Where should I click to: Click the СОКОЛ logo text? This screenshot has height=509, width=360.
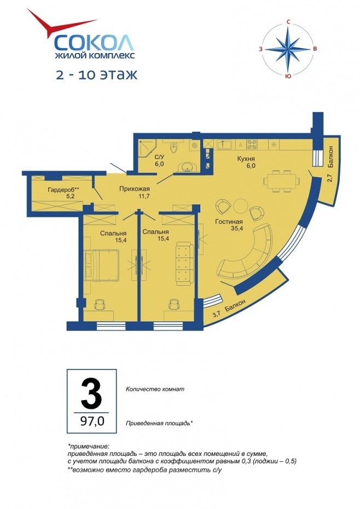pyautogui.click(x=94, y=42)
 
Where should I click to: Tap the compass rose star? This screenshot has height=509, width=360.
pyautogui.click(x=288, y=49)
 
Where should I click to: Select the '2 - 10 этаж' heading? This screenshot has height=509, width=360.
pyautogui.click(x=97, y=74)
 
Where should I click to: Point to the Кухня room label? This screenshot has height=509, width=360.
pyautogui.click(x=246, y=159)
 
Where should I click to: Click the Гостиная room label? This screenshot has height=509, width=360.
pyautogui.click(x=229, y=222)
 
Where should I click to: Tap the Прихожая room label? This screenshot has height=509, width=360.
pyautogui.click(x=134, y=189)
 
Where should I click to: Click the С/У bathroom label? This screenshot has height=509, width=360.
pyautogui.click(x=159, y=157)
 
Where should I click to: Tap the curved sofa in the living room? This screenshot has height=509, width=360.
pyautogui.click(x=246, y=250)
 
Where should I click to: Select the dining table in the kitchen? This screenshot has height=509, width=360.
pyautogui.click(x=281, y=181)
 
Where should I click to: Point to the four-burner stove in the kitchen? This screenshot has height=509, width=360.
pyautogui.click(x=252, y=144)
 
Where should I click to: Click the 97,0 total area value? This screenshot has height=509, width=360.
pyautogui.click(x=92, y=421)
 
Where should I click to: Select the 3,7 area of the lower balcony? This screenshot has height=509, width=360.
pyautogui.click(x=216, y=314)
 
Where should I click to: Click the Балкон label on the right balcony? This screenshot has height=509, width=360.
pyautogui.click(x=330, y=157)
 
